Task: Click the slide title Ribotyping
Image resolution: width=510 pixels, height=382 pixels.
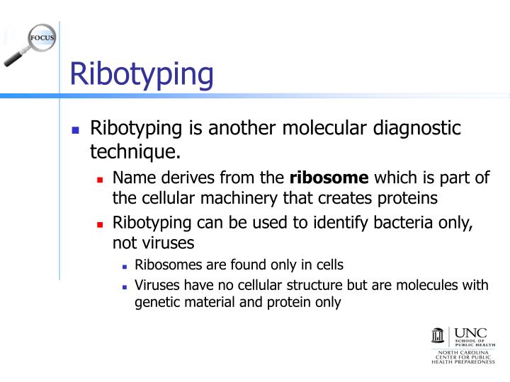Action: [x=142, y=74]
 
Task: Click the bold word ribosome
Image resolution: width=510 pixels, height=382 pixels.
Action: [x=329, y=178]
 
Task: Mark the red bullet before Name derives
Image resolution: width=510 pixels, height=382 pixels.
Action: [x=100, y=179]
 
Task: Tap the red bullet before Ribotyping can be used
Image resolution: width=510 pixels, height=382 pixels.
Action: [x=100, y=224]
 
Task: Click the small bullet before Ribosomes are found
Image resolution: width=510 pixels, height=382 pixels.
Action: [x=124, y=267]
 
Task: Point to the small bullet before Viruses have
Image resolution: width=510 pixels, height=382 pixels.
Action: [x=124, y=286]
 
